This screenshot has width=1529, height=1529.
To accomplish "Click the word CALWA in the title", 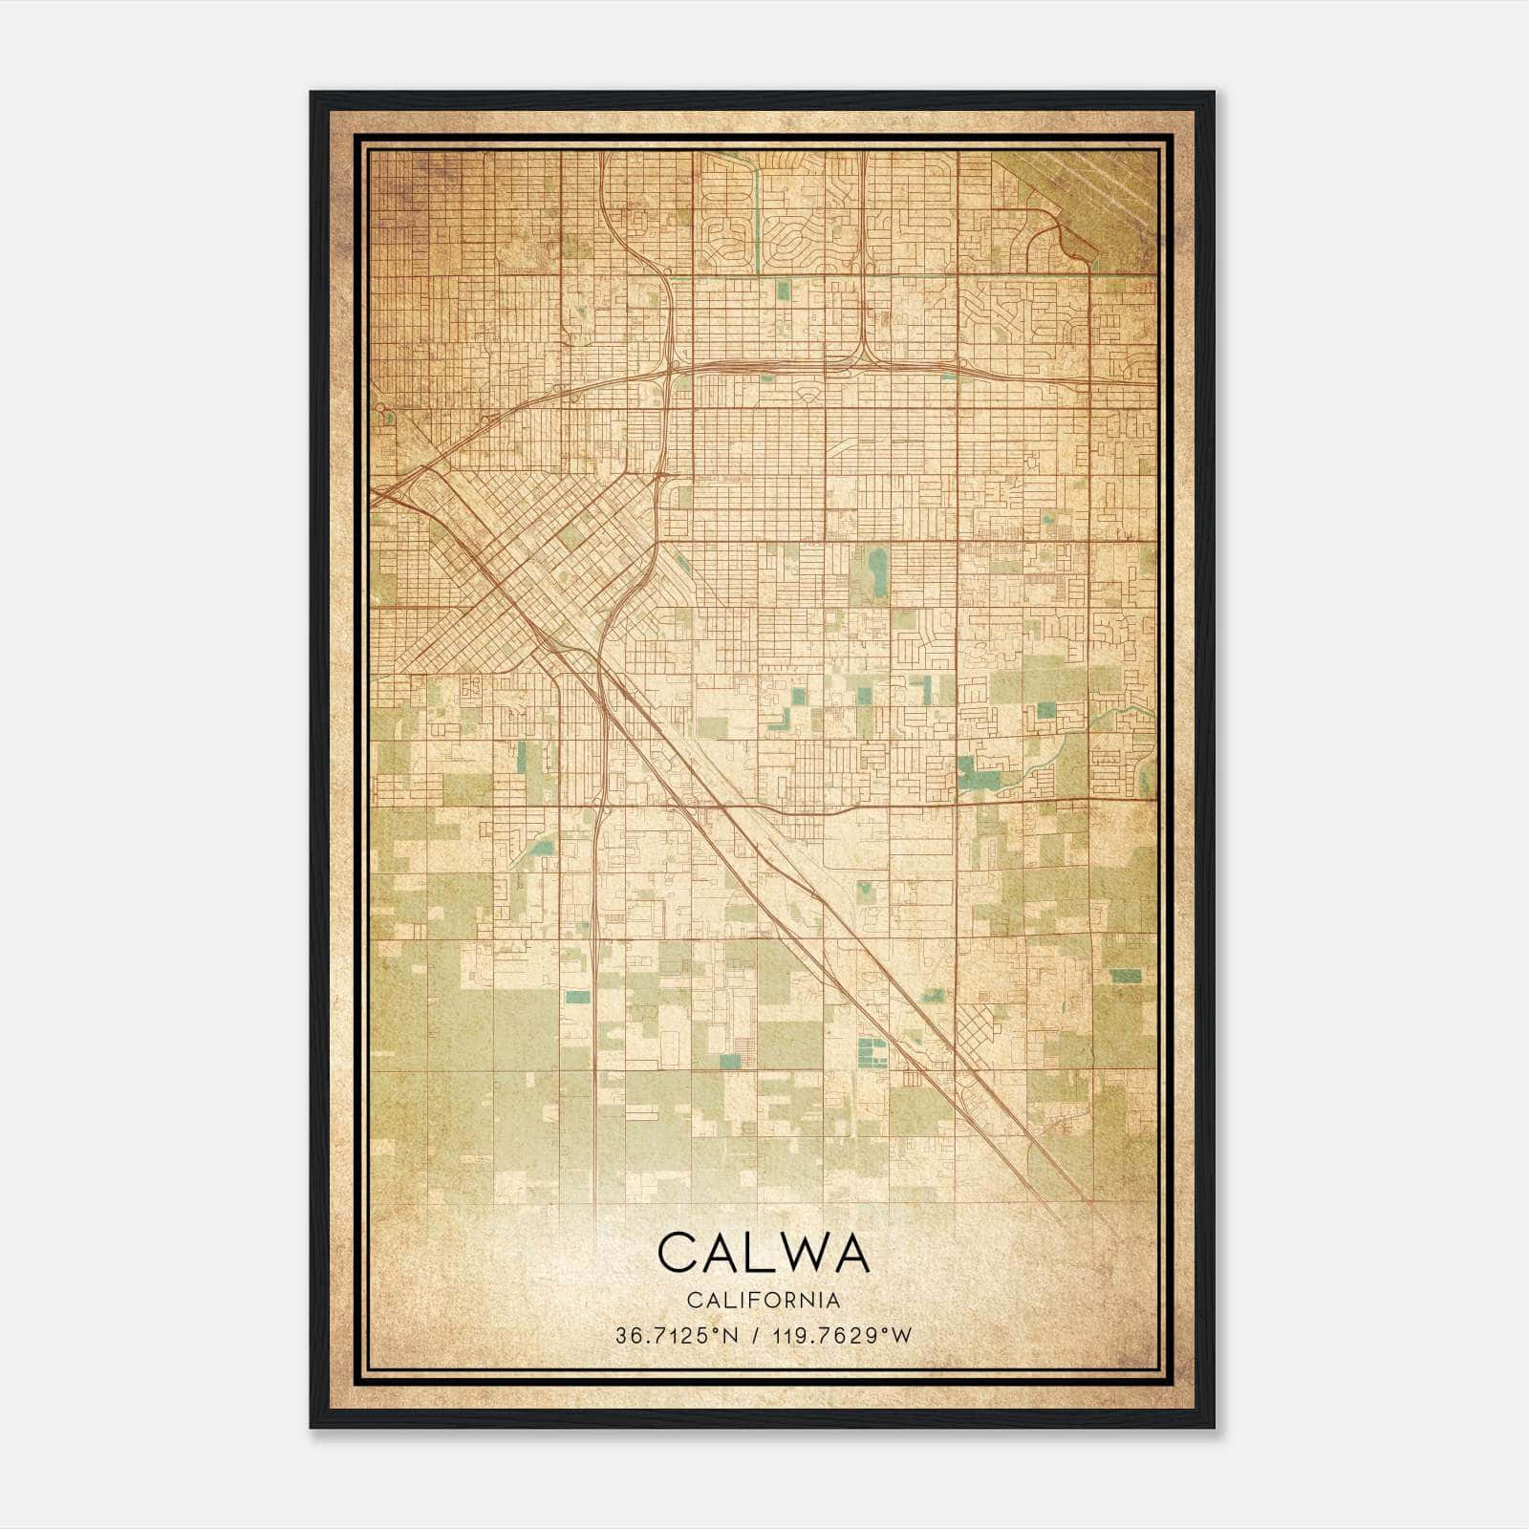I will point(764,1253).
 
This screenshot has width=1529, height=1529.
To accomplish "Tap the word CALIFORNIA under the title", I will point(764,1301).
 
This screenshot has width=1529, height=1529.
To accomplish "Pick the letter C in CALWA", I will point(678,1253).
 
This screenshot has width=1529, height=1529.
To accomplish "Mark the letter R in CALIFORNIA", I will point(786,1301).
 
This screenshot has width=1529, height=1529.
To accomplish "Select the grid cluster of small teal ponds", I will point(870,1052).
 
